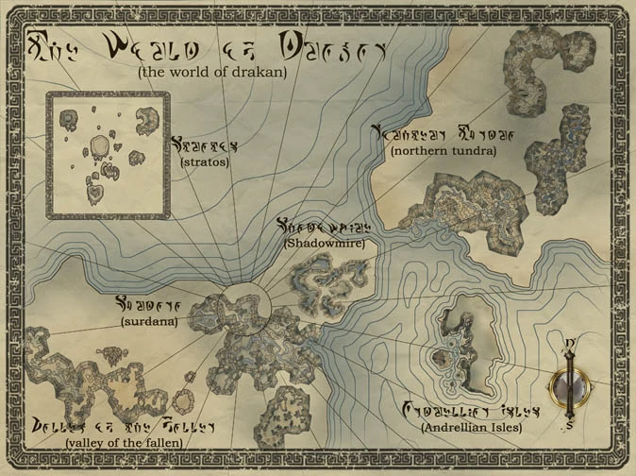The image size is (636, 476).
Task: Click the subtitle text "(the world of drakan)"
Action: (x=211, y=71)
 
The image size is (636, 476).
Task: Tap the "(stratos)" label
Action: (x=200, y=162)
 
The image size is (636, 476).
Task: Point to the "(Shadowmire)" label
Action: (x=324, y=243)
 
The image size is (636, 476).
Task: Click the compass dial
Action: (x=571, y=385)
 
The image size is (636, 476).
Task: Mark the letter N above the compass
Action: (x=571, y=342)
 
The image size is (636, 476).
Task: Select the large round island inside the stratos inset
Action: (x=99, y=145)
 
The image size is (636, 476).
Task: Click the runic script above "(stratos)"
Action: (x=204, y=146)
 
